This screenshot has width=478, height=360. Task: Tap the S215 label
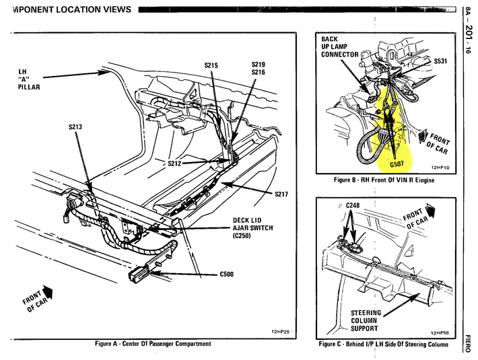click(x=212, y=65)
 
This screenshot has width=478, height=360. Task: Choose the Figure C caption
click(x=383, y=345)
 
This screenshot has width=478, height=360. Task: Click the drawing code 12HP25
click(x=280, y=332)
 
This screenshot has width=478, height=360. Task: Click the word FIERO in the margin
click(x=469, y=340)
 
